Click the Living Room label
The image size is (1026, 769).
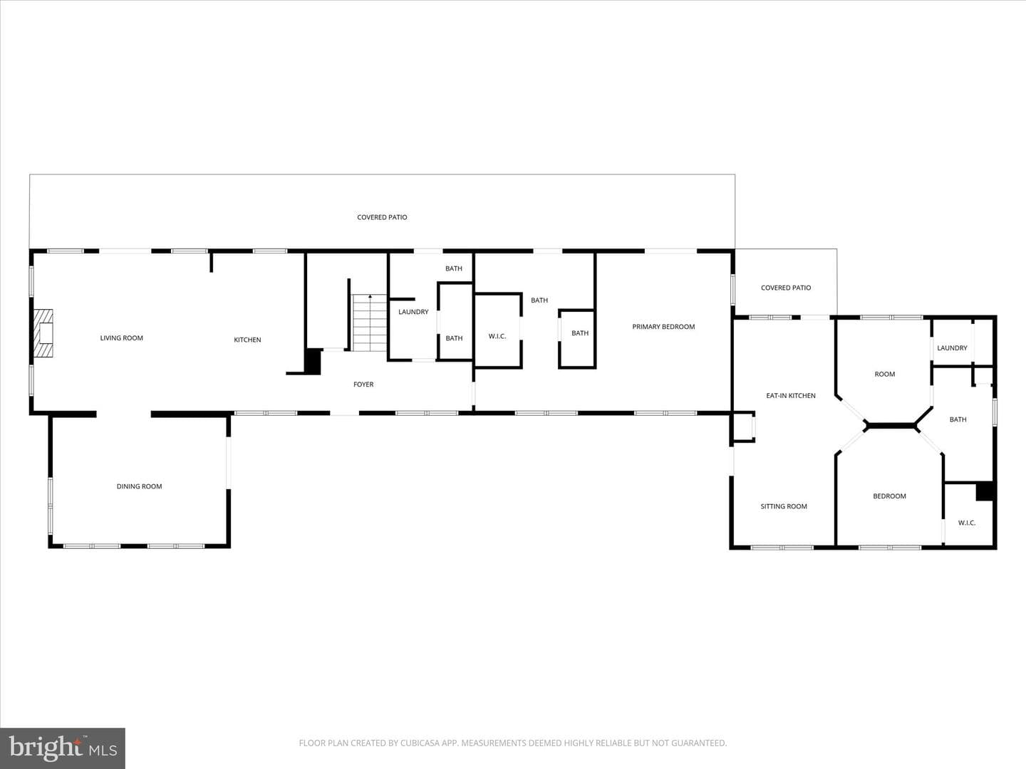(x=122, y=338)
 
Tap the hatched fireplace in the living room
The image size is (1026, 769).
(x=43, y=333)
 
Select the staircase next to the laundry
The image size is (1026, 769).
(x=369, y=323)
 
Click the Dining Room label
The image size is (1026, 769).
(x=139, y=486)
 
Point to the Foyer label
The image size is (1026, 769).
(x=363, y=384)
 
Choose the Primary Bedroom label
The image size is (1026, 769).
(x=663, y=327)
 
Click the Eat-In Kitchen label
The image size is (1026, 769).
(x=791, y=396)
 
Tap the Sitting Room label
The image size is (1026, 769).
(x=784, y=506)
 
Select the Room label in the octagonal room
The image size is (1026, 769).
(x=885, y=375)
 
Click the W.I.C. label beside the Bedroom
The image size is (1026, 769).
(x=967, y=523)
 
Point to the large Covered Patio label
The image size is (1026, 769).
(x=382, y=218)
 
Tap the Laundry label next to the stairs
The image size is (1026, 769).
(x=413, y=312)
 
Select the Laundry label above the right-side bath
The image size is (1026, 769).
(x=952, y=348)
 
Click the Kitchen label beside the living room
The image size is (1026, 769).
(x=247, y=340)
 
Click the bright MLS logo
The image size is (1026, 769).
(x=63, y=748)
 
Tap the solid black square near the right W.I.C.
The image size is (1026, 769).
(x=985, y=491)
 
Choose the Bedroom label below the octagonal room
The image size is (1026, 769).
(x=889, y=496)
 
